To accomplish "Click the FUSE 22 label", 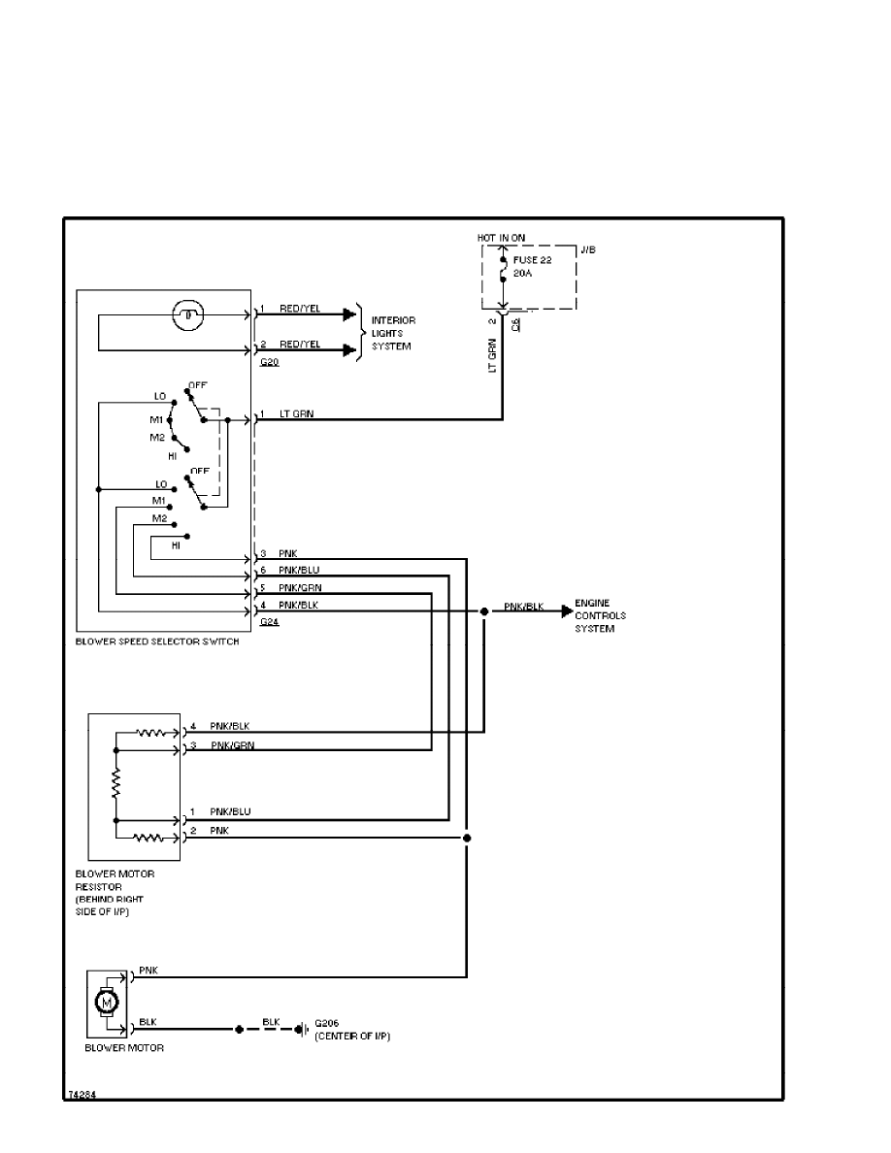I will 532,261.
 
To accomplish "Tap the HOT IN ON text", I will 502,237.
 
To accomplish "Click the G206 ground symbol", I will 303,1028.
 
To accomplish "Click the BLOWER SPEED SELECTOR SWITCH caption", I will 156,642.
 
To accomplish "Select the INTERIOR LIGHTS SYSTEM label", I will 393,333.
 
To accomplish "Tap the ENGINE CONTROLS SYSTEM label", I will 600,615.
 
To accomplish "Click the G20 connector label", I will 269,361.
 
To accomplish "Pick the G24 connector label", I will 270,622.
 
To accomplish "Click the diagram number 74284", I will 81,1094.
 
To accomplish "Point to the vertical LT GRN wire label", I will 493,355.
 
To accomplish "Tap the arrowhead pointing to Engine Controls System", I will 567,611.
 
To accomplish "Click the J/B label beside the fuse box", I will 587,250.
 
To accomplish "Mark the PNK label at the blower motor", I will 148,970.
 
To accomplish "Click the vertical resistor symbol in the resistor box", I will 116,784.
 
